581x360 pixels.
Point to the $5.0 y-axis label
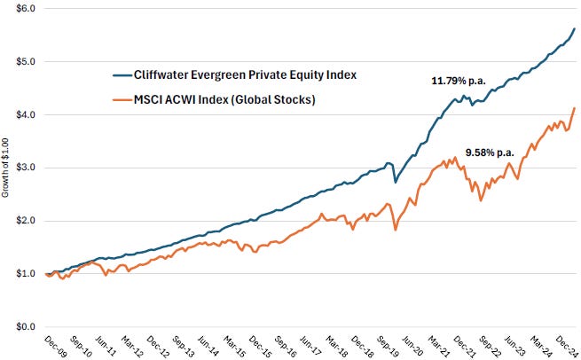pos(23,61)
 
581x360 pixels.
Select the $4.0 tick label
pos(23,114)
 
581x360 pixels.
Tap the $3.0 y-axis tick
pos(23,168)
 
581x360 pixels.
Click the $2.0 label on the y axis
pos(23,221)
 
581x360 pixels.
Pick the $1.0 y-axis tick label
pos(23,274)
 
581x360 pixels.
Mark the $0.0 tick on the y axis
pos(23,327)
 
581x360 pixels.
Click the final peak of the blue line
pos(574,29)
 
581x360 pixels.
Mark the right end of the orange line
pos(574,108)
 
